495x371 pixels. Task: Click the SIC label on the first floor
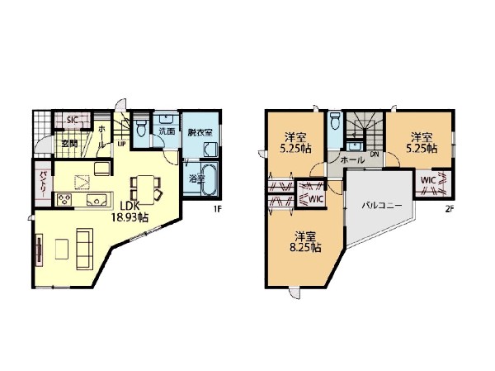[73, 120]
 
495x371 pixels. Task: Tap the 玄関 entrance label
[69, 143]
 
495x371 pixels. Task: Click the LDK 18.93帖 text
[130, 212]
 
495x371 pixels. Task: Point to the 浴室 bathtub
[209, 179]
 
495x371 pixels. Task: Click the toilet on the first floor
[140, 127]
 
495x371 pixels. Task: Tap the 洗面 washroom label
[167, 131]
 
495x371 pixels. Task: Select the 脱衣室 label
[200, 132]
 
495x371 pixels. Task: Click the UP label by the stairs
[121, 144]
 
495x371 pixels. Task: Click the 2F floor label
[450, 209]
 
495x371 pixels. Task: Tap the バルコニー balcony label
[382, 206]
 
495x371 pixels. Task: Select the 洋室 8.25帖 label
[305, 242]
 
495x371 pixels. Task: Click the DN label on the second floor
[375, 155]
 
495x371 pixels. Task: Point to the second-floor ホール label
[352, 160]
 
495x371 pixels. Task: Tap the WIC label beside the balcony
[428, 181]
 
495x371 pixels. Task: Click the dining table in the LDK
[145, 190]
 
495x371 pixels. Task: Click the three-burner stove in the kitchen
[64, 200]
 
